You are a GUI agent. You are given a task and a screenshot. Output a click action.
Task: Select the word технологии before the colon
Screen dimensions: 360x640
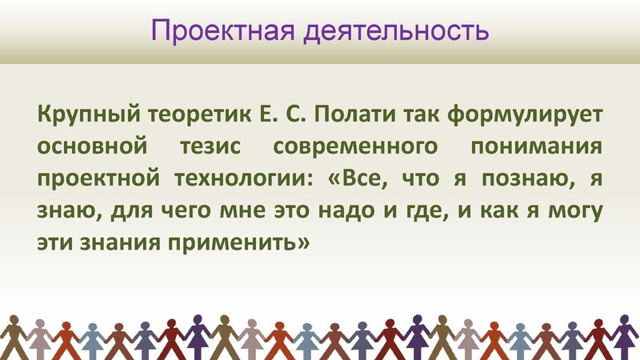point(254,178)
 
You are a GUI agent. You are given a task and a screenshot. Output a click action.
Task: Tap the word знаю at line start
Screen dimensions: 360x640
point(61,210)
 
